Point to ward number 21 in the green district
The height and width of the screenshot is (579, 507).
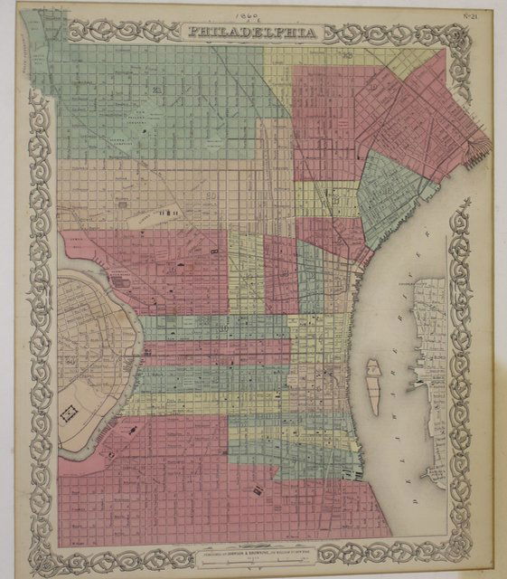156,90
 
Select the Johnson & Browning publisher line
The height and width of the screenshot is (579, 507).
255,548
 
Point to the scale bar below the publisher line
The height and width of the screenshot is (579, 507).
255,556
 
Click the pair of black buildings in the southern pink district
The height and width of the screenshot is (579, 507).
259,489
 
